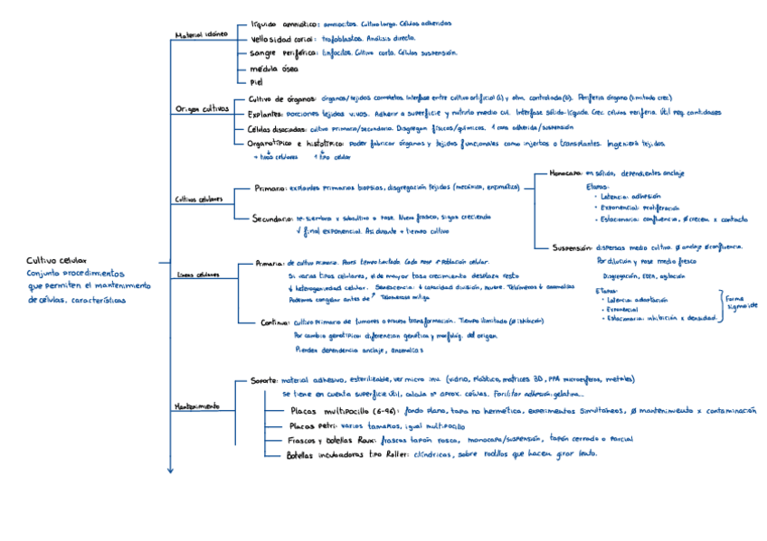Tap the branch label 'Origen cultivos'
click(200, 108)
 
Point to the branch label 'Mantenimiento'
click(196, 406)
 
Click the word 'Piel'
click(255, 82)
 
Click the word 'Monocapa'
click(564, 173)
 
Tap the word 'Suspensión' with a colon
click(571, 247)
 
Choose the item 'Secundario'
click(275, 218)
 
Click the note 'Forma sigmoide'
click(743, 301)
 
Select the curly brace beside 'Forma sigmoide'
click(721, 305)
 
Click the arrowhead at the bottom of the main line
click(169, 470)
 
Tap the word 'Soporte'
click(264, 380)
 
